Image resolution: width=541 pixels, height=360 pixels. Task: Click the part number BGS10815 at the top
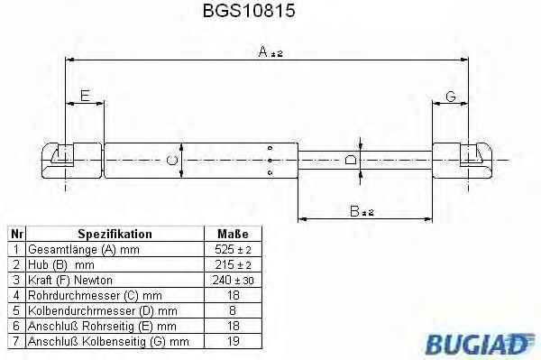(249, 10)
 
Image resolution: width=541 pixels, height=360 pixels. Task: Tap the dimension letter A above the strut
(263, 51)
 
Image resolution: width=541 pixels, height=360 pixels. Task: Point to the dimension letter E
(85, 96)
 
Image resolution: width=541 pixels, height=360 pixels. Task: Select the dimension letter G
(451, 97)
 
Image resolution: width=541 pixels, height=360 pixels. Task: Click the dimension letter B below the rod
(354, 211)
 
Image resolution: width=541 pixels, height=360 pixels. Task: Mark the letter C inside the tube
(172, 161)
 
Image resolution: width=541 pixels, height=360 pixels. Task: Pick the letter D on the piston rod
(351, 160)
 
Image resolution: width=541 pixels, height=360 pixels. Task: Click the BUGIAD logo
(480, 344)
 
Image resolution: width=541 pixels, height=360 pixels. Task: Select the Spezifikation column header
(115, 234)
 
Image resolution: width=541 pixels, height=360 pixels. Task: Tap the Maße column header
(233, 234)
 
